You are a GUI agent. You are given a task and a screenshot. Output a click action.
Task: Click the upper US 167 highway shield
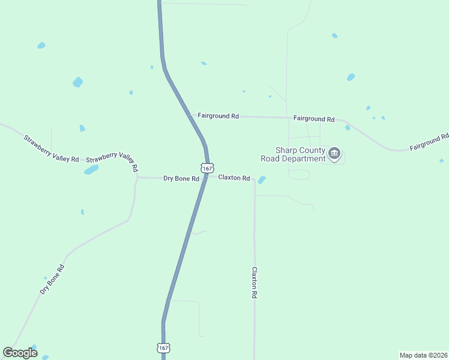207,169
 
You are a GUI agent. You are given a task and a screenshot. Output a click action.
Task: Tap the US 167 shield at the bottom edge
163,347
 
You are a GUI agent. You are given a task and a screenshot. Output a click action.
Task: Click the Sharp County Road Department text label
292,154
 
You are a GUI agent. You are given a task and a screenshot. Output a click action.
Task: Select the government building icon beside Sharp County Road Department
335,154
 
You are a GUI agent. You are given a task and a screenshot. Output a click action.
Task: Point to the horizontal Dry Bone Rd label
181,178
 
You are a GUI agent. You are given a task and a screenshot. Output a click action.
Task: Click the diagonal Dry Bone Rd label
52,278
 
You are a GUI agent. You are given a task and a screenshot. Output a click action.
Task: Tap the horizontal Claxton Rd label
234,178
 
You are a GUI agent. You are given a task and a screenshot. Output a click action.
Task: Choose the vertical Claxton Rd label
255,283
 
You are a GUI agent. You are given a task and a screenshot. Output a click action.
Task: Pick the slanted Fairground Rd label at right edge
429,142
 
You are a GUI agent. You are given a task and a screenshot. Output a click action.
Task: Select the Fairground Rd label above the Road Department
314,119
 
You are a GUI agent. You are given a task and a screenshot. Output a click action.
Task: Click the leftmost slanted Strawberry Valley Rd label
51,148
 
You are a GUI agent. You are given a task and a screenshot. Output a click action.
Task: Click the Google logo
20,352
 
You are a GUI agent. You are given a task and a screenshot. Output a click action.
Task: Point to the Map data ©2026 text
423,355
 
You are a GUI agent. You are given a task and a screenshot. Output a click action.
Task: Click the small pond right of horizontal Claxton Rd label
262,179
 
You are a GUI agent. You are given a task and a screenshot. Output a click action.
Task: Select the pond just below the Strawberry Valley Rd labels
91,170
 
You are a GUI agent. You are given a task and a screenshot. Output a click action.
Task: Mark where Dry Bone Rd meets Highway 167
205,178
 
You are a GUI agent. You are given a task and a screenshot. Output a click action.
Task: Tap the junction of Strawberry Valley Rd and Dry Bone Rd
137,177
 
